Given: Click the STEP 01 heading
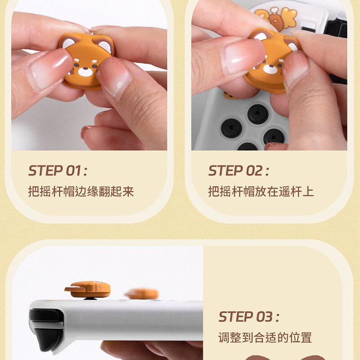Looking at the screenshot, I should [x=58, y=171].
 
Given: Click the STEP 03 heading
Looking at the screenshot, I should [x=248, y=317].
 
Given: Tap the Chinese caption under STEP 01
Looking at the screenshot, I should [x=81, y=192].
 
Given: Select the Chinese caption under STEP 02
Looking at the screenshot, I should [x=261, y=192].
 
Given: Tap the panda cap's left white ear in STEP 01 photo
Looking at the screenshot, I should [x=68, y=43].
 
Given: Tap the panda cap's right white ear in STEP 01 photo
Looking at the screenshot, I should [x=104, y=46].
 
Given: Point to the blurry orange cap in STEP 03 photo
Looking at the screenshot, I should [x=142, y=293].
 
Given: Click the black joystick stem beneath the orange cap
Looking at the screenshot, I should [x=91, y=297].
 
